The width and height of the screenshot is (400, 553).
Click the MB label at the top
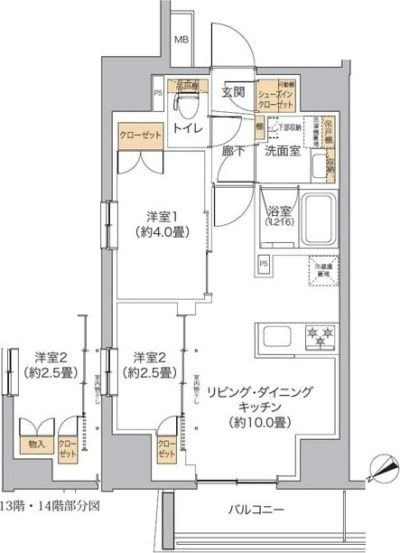(182, 40)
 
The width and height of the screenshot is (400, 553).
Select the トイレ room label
(188, 129)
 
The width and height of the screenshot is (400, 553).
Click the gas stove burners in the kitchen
(320, 336)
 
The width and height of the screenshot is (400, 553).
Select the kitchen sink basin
(276, 339)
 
